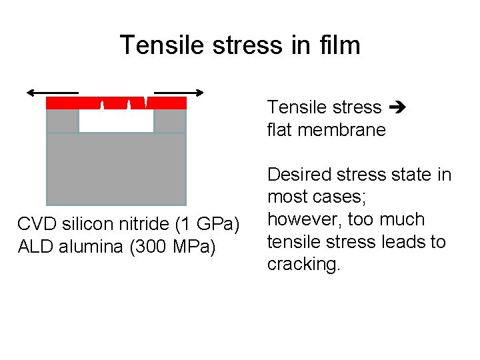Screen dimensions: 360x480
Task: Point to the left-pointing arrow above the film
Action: click(x=52, y=93)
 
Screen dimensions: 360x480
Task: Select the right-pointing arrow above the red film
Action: click(x=179, y=93)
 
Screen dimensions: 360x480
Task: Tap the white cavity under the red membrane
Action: click(x=116, y=121)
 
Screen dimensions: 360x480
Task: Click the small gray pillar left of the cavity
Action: click(x=62, y=121)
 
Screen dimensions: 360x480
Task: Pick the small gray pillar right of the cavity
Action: click(x=170, y=121)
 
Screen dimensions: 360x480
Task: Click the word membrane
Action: click(x=343, y=130)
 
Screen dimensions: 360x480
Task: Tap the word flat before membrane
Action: click(x=281, y=130)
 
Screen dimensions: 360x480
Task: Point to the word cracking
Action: click(x=303, y=264)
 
